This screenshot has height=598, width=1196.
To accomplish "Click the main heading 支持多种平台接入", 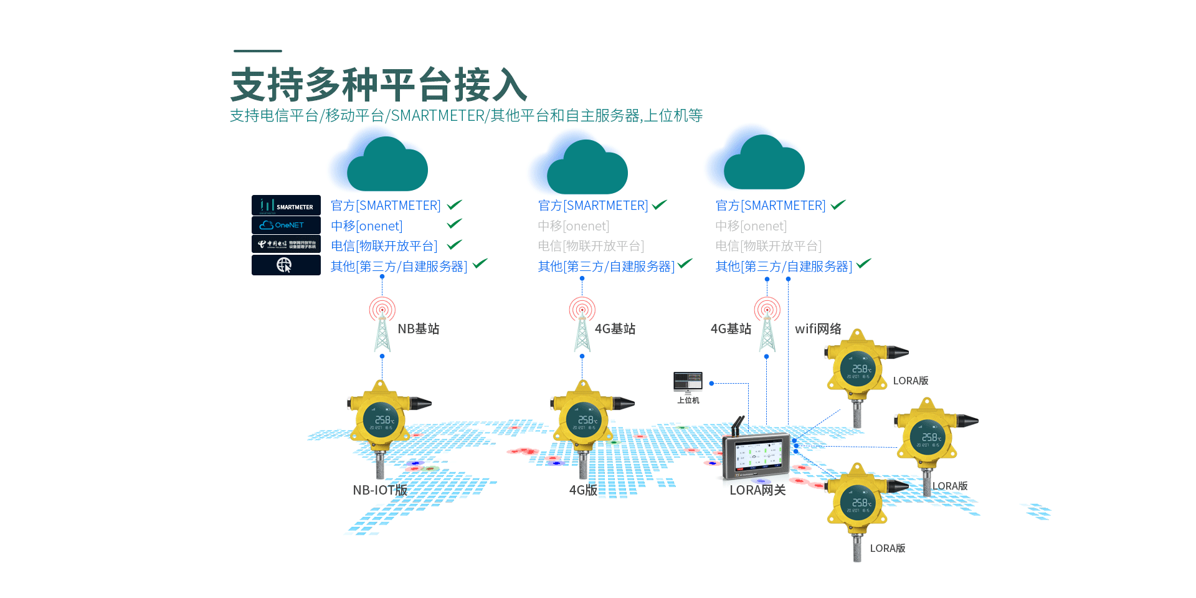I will pos(379,85).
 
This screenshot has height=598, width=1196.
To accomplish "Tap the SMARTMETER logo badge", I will pos(286,205).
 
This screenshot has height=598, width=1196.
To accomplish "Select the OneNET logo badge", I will pos(286,225).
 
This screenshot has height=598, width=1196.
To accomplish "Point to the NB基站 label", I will pos(419,329).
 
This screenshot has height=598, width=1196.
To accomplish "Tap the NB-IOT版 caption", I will pos(380,490).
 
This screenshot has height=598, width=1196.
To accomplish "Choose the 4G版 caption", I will pos(583,490).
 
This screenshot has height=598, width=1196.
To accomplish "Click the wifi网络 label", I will pos(818,329).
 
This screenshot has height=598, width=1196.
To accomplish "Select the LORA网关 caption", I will pos(757,490).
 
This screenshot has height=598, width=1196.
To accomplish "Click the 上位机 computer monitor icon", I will pos(688,382).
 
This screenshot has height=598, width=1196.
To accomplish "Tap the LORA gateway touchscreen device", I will pos(757,456).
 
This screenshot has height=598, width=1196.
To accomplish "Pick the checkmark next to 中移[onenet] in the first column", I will pos(455,224).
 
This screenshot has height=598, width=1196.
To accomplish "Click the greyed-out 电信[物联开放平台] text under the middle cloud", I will pos(591,246).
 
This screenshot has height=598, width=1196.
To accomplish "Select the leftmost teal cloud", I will pos(386,166).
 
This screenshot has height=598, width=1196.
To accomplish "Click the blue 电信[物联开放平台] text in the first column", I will pos(384,246).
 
